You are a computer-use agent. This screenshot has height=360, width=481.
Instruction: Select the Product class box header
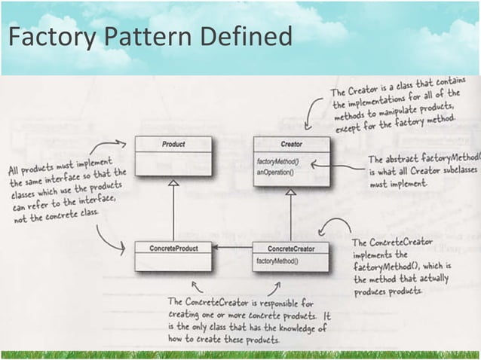[x=173, y=143]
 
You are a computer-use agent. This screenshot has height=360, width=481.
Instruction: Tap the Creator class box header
[x=291, y=143]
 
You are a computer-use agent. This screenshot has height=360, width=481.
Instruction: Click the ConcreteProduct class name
[x=173, y=247]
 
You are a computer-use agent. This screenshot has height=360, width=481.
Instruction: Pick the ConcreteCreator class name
[x=291, y=247]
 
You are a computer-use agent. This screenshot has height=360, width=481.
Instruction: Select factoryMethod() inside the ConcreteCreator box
[x=277, y=261]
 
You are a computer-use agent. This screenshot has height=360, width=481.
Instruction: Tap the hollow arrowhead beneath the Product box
[x=173, y=184]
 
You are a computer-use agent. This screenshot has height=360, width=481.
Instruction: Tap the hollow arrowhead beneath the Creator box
[x=291, y=192]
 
